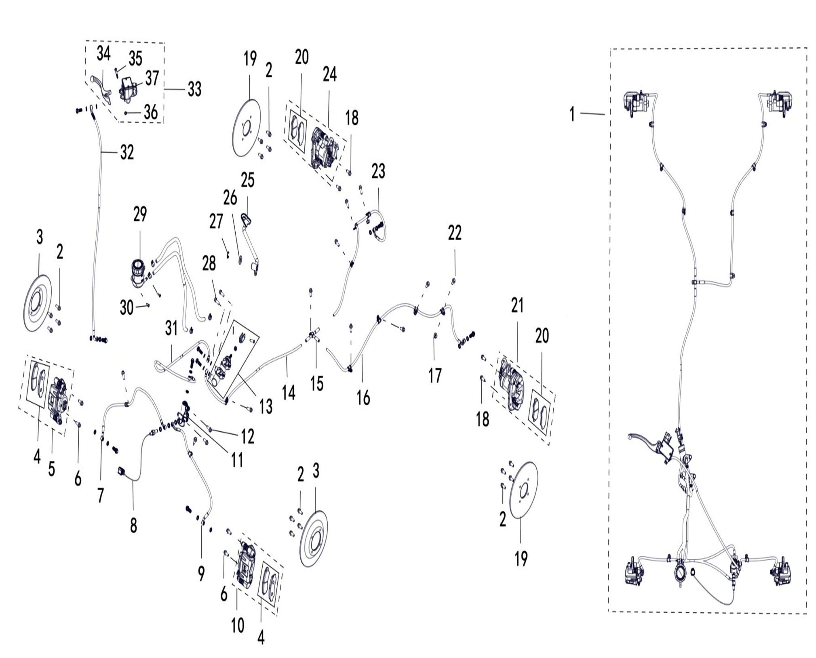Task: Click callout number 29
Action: point(140,214)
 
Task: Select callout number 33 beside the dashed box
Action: point(194,89)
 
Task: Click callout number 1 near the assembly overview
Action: point(572,114)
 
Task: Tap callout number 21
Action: point(517,306)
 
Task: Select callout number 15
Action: point(317,384)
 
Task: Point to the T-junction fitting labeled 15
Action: point(312,335)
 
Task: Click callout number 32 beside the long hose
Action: point(127,152)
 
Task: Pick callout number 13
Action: point(266,406)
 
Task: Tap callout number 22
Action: point(455,233)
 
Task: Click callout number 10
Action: point(238,625)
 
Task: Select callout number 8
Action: point(133,525)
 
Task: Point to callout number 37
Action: point(152,78)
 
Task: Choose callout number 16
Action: point(363,398)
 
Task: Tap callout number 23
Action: point(378,171)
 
